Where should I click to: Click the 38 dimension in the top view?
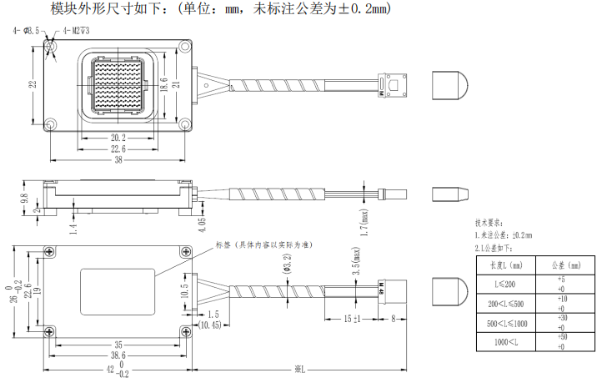pos(117,159)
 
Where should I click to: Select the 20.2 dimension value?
pos(118,138)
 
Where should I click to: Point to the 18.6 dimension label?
pos(163,84)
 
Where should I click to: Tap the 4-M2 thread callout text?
pos(72,31)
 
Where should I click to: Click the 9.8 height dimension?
pos(24,200)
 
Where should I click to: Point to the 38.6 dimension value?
pos(117,355)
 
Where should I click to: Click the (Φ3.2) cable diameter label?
pos(287,261)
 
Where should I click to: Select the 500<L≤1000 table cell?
pos(504,323)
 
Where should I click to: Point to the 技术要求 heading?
pos(489,223)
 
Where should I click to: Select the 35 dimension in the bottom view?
pos(117,344)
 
